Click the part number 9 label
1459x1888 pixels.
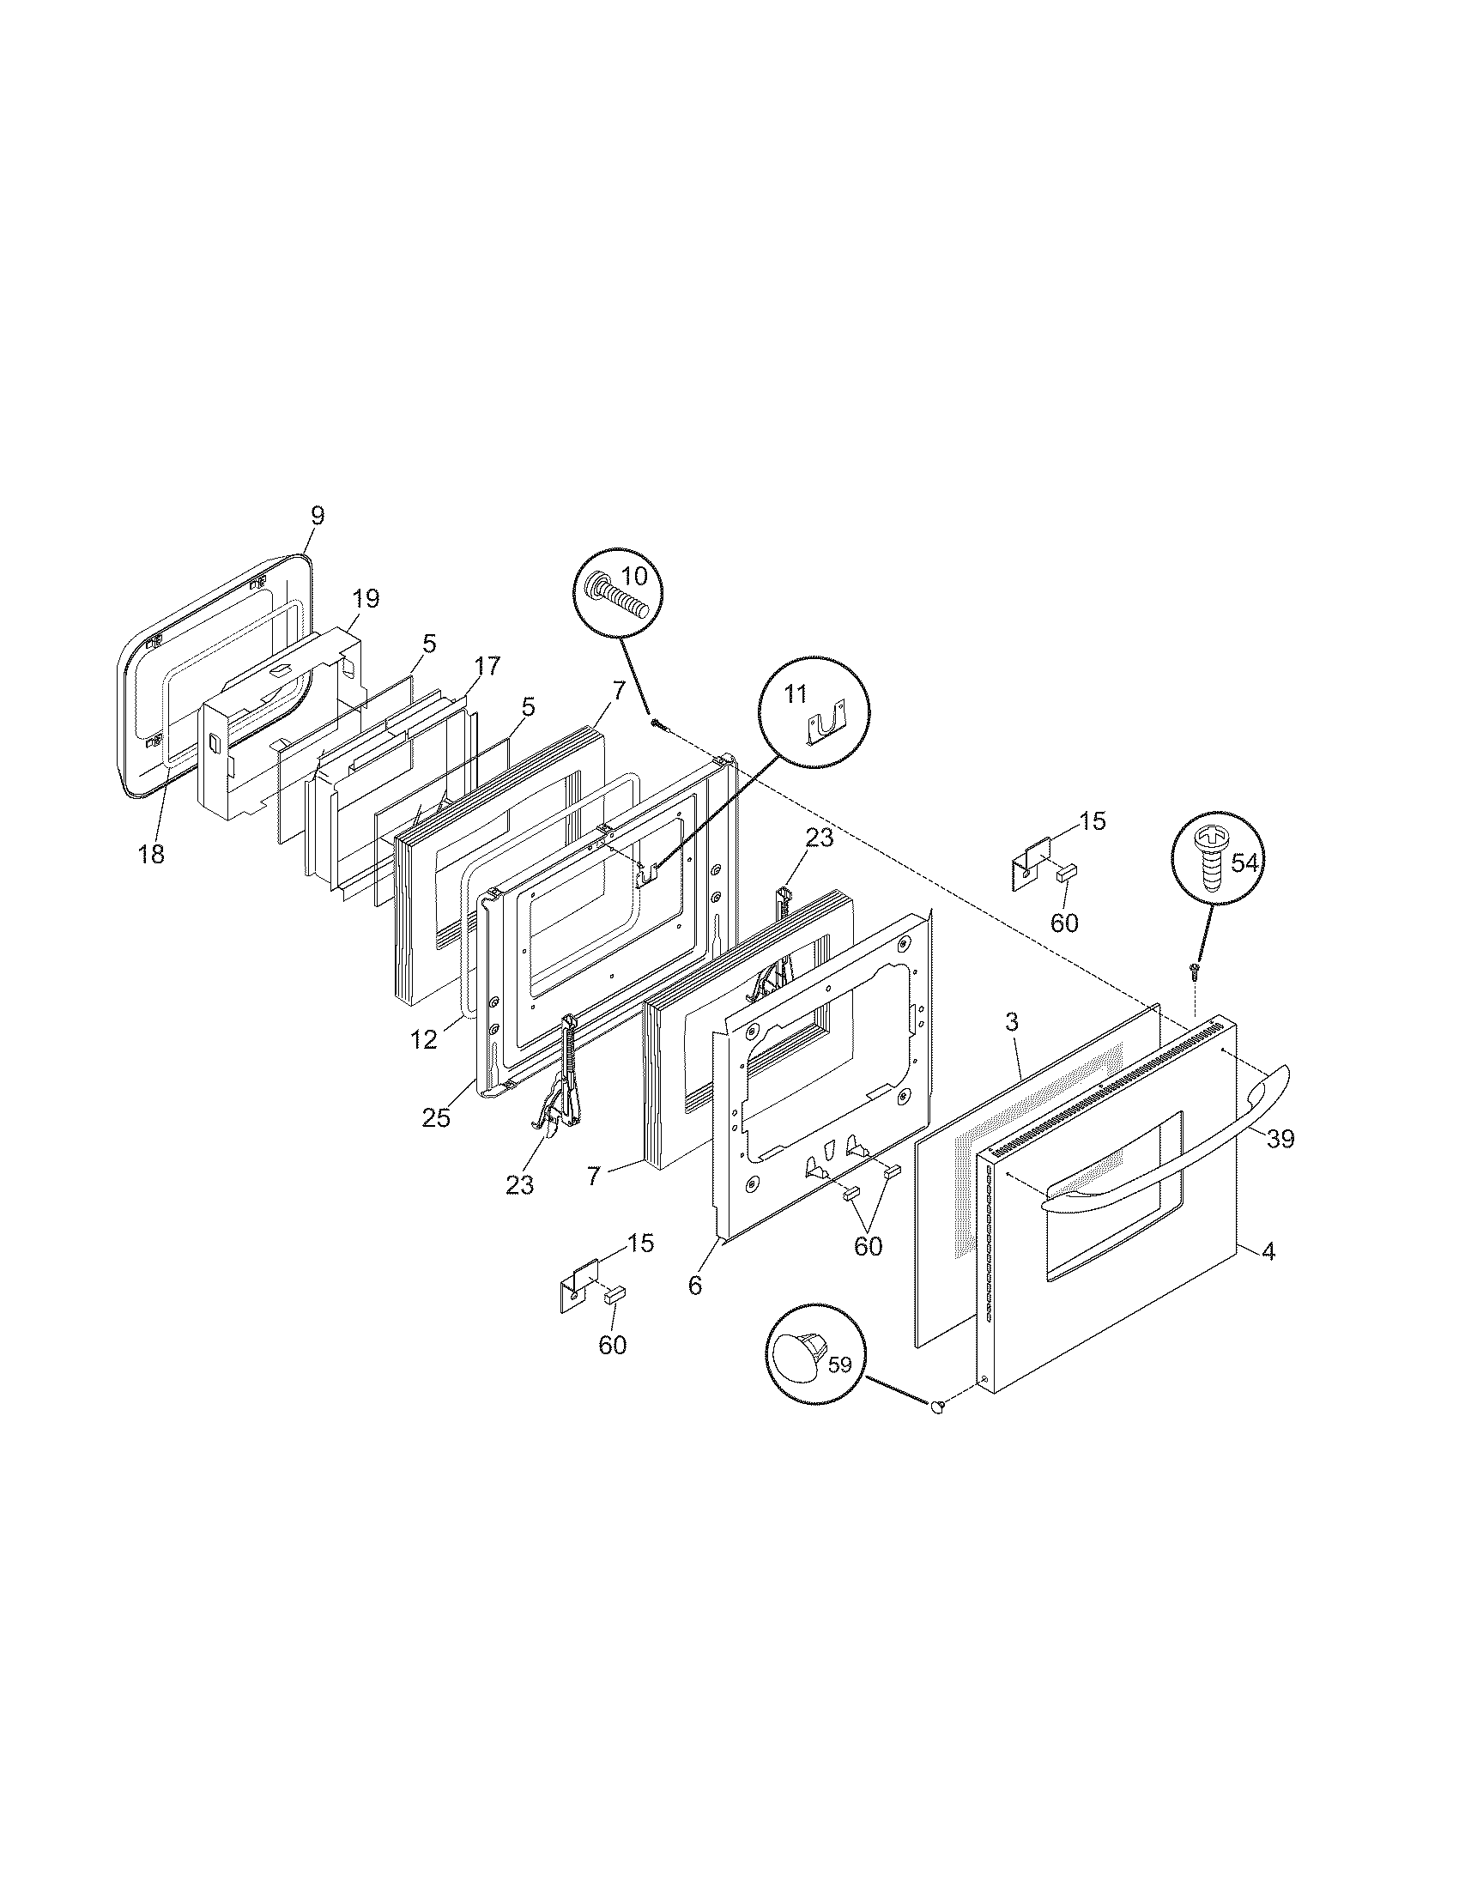[x=318, y=516]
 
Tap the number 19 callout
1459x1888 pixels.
[x=366, y=599]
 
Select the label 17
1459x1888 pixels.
[x=487, y=666]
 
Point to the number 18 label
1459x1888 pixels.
[x=151, y=854]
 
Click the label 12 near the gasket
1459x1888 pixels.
[x=424, y=1040]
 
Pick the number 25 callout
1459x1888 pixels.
[x=437, y=1117]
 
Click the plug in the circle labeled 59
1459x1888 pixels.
[x=799, y=1369]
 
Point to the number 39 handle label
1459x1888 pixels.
[x=1281, y=1139]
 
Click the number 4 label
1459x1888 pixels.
[x=1268, y=1251]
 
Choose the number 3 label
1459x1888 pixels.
[x=1012, y=1022]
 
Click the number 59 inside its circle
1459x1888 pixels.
[x=840, y=1366]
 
